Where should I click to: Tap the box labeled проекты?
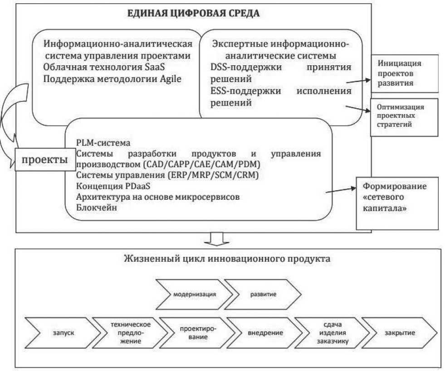(x=42, y=160)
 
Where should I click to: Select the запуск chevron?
(x=55, y=333)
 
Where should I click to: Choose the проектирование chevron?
(x=192, y=333)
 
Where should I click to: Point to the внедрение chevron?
(x=260, y=333)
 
